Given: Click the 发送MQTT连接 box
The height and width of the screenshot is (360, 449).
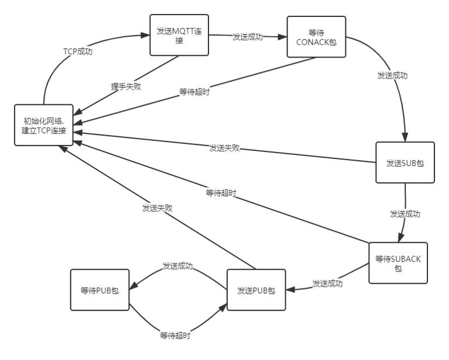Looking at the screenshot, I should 179,35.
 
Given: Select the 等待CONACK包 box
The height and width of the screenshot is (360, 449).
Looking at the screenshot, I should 316,37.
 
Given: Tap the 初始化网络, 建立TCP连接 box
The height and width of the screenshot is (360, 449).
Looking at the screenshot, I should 44,126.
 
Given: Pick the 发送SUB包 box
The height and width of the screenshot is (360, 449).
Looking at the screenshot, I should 405,163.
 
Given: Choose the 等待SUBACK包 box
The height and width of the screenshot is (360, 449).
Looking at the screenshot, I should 398,263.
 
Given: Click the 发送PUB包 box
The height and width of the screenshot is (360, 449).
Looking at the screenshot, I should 256,290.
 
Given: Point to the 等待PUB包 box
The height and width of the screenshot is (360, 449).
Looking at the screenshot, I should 100,290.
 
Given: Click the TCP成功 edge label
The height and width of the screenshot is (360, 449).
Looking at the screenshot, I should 78,51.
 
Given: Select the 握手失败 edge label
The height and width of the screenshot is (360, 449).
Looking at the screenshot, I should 126,86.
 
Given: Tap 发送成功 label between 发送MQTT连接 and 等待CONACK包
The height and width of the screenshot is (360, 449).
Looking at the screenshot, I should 248,37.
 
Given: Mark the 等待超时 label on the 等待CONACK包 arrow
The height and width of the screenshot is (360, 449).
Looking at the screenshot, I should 195,91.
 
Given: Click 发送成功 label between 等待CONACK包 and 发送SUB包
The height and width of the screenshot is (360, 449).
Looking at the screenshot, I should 392,75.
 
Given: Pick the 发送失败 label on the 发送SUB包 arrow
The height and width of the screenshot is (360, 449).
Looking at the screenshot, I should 224,147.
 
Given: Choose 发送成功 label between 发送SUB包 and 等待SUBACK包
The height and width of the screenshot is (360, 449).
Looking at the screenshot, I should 405,214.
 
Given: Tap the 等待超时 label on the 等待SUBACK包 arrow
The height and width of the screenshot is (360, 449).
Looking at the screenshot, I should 221,192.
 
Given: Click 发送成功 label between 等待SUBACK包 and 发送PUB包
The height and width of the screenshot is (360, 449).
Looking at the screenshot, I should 327,284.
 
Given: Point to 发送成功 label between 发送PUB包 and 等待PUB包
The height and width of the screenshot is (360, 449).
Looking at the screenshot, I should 178,266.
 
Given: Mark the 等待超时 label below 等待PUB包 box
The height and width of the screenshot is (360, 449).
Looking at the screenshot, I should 175,336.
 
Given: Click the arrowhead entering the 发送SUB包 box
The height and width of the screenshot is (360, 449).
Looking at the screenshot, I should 404,137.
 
